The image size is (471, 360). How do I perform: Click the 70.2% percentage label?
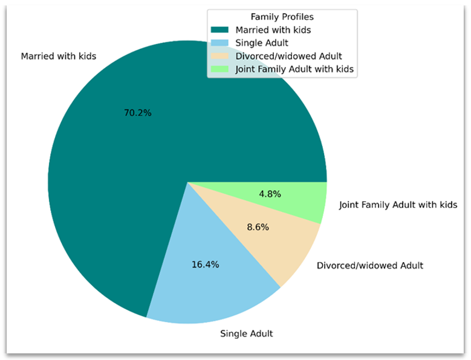[137, 113]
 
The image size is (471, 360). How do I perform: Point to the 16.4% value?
[205, 265]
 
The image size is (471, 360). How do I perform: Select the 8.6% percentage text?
[258, 228]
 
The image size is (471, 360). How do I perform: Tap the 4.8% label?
[269, 194]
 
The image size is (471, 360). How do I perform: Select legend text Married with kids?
[273, 30]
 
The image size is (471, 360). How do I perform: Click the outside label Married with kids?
[59, 56]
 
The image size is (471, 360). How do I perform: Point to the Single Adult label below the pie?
[246, 333]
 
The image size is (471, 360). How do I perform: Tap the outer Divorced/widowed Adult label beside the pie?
[370, 265]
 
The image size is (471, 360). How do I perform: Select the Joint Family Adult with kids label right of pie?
[398, 205]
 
